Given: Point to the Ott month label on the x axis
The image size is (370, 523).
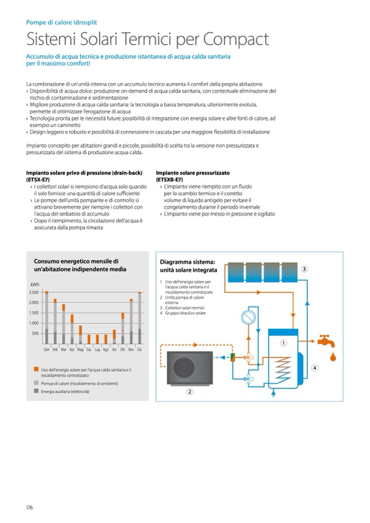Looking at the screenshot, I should [x=123, y=349].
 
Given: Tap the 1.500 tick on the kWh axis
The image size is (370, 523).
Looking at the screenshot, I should [x=33, y=312].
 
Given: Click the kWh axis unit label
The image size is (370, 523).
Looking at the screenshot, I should [x=35, y=285].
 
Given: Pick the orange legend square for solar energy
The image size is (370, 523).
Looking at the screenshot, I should [x=36, y=370].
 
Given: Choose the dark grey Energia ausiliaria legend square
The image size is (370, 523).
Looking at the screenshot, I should [x=36, y=392].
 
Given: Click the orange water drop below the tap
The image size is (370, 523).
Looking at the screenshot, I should [x=333, y=356].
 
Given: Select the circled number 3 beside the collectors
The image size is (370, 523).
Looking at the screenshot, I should [x=305, y=268].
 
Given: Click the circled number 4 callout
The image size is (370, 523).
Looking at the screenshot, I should [x=314, y=368].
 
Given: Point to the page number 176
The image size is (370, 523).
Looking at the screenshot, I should [x=29, y=508].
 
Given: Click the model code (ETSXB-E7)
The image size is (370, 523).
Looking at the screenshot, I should [x=169, y=179].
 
